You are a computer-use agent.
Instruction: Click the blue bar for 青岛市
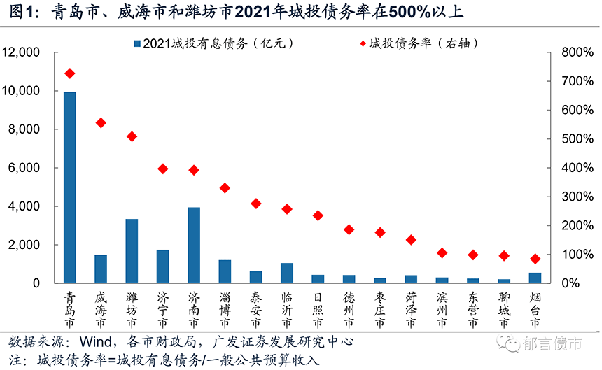coord(70,187)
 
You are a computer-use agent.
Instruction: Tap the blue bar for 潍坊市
coord(132,251)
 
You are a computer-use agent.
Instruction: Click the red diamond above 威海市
coord(101,123)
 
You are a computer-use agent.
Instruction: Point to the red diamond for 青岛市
coord(70,73)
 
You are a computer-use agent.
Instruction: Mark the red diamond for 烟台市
coord(535,259)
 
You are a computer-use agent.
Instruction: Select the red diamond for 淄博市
coord(225,188)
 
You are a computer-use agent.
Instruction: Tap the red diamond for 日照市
coord(318,215)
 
